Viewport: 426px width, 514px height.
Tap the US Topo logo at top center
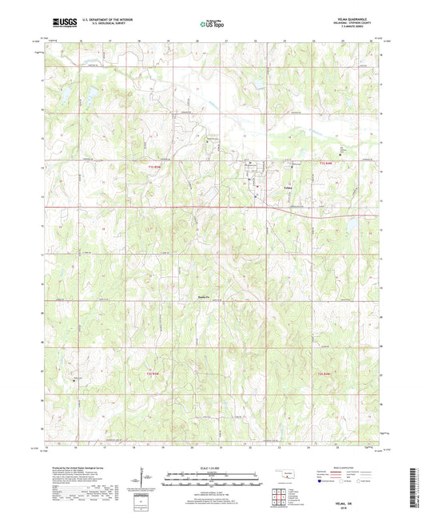pyautogui.click(x=210, y=25)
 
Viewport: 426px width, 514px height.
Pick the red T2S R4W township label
pyautogui.click(x=324, y=373)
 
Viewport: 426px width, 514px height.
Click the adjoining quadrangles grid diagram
pyautogui.click(x=279, y=494)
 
